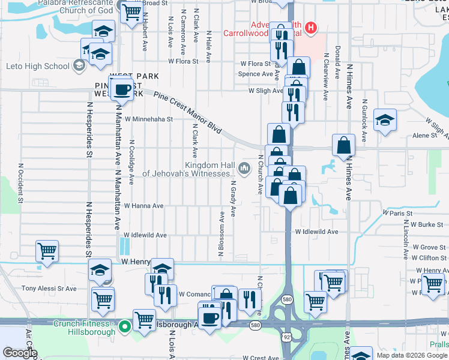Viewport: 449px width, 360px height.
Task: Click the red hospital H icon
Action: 311,27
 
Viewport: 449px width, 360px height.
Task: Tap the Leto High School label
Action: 37,65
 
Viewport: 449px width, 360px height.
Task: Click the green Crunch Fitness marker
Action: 125,327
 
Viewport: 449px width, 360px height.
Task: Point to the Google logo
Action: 20,353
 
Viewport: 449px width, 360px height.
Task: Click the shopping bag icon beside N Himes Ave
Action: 343,145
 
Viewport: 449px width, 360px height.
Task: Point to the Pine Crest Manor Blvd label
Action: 188,112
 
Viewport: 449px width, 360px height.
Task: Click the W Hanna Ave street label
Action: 143,206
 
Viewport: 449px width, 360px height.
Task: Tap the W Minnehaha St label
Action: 148,119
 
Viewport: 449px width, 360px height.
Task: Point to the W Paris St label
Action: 397,213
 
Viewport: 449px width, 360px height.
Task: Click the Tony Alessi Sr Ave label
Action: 49,289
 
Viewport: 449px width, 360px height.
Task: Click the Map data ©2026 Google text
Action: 411,354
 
